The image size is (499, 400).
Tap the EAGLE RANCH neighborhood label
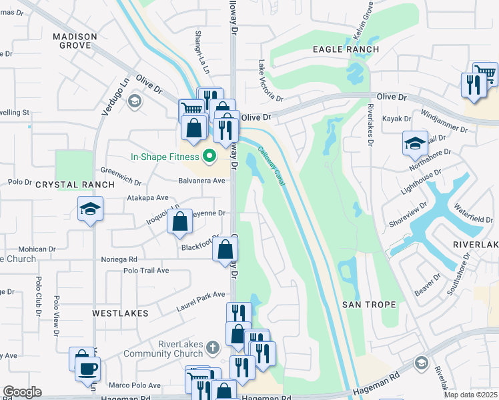pos(346,49)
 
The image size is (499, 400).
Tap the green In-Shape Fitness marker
pos(209,157)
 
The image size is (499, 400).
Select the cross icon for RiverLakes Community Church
pos(212,347)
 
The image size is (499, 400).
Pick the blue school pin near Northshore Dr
pos(414,143)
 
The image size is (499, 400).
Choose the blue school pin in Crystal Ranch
pos(90,209)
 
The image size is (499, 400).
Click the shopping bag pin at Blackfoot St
pos(226,250)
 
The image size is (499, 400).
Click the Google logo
pos(22,392)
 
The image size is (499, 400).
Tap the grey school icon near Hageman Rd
pos(420,363)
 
